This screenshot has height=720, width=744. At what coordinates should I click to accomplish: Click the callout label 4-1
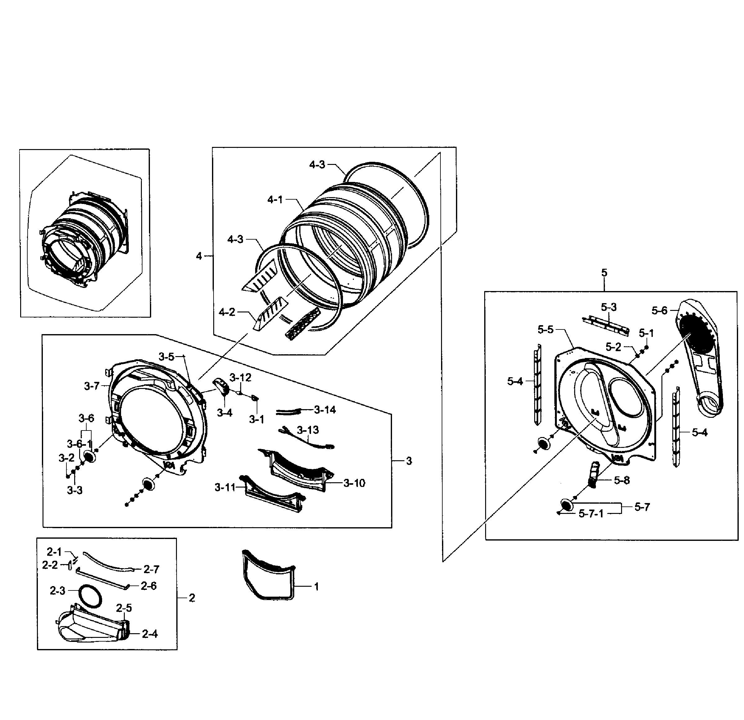point(275,199)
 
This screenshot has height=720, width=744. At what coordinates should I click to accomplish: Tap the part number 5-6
point(659,311)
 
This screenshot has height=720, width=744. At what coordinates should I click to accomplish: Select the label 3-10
point(354,483)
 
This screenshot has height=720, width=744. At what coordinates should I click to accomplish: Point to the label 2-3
point(57,590)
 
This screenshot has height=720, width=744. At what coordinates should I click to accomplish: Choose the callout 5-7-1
point(591,514)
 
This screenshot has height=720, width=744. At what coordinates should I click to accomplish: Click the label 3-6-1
point(79,444)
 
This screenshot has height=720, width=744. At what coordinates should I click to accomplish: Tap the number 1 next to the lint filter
point(316,586)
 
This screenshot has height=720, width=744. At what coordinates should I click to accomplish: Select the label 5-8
point(622,480)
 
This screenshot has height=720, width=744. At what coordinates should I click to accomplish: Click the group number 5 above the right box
point(604,273)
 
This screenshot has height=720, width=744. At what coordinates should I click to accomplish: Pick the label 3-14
point(325,409)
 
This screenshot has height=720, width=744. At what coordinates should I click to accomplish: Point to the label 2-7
point(151,569)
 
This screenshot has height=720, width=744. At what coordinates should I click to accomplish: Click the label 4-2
point(227,312)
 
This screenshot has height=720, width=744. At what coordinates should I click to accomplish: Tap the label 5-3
point(608,307)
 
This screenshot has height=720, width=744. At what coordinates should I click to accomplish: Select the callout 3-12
point(240,377)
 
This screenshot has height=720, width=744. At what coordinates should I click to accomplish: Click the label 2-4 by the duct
point(150,634)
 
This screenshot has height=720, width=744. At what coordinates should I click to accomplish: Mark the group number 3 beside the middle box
point(409,461)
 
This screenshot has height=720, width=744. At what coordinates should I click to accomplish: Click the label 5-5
point(545,329)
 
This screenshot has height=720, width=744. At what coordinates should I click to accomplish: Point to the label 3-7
point(92,386)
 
